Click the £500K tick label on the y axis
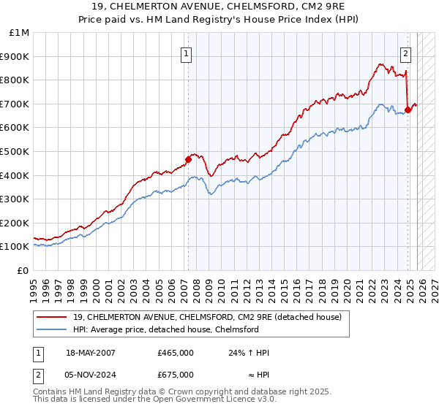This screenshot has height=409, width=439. point(15,151)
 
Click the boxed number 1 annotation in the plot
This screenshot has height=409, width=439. point(187,53)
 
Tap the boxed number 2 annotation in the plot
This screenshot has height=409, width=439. point(405,53)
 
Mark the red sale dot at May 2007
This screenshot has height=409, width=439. point(188,159)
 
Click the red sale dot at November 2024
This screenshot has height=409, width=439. point(408,110)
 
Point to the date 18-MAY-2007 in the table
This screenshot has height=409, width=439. point(90,353)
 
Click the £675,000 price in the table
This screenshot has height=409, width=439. point(175,374)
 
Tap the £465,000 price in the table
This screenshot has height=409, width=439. point(175,353)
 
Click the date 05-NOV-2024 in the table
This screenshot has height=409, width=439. point(90,374)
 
